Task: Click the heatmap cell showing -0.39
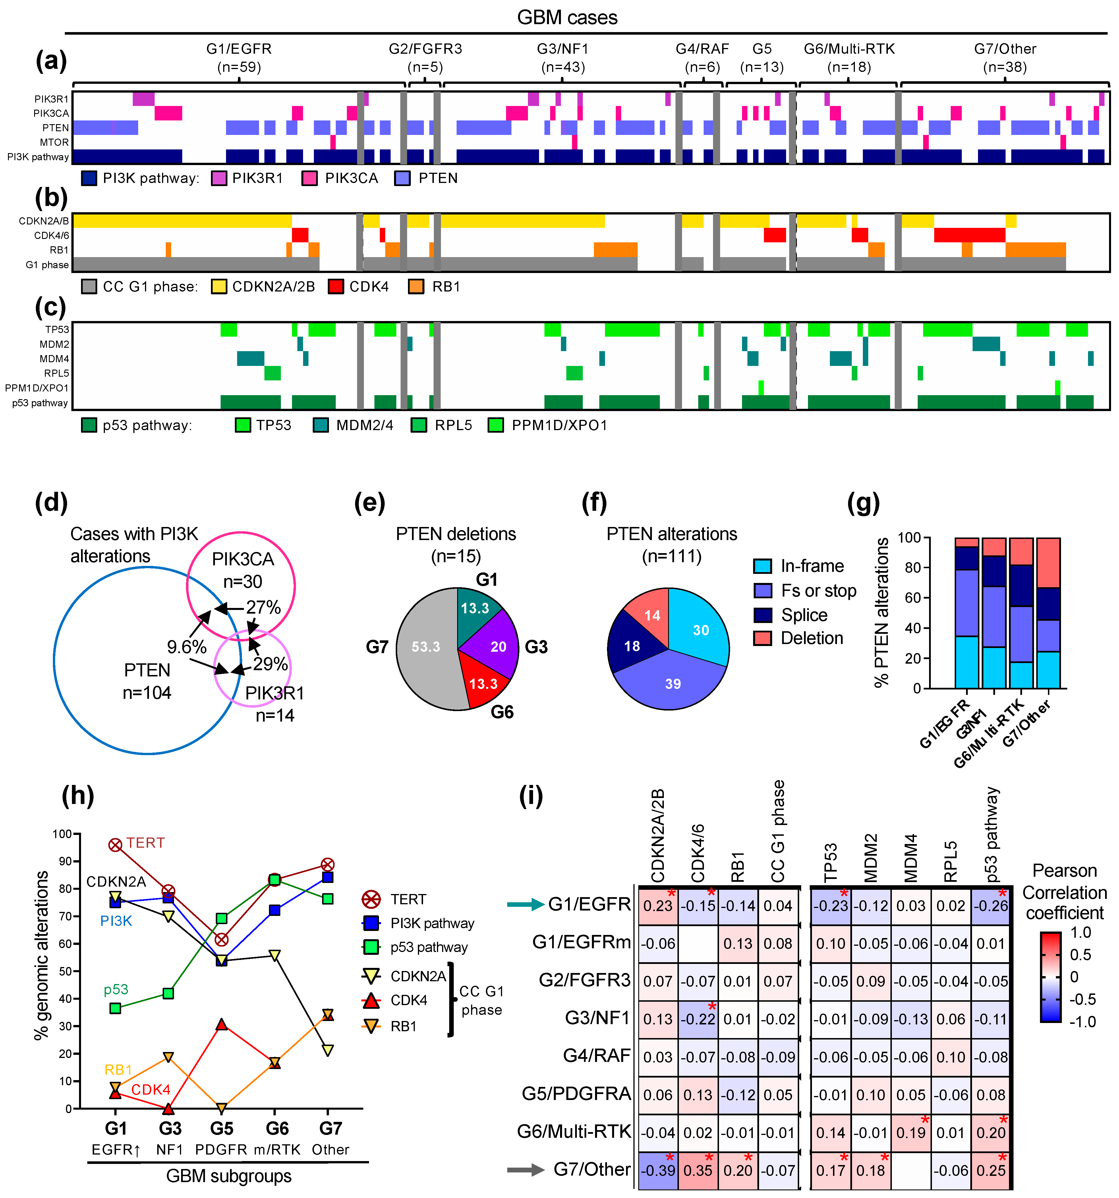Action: [x=658, y=1170]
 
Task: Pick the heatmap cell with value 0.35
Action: [x=698, y=1170]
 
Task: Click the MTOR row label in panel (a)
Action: [x=54, y=142]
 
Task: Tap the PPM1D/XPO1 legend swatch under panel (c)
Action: [x=496, y=426]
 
